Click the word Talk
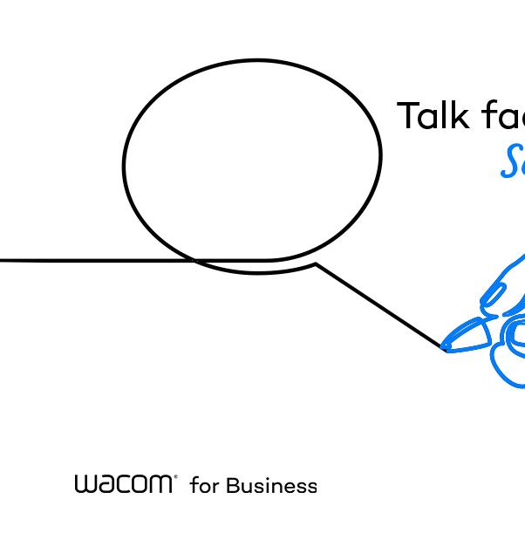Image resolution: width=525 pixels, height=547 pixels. (434, 116)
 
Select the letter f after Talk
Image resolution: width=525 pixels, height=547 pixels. (487, 115)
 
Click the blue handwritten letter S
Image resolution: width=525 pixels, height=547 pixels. (513, 162)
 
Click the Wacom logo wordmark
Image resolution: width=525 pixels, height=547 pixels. (125, 484)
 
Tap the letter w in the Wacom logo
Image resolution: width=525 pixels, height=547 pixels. (85, 484)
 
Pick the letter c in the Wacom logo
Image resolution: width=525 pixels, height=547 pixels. (124, 484)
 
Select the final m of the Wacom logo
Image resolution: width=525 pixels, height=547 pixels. (162, 484)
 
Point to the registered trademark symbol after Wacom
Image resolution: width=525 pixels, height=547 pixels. (175, 477)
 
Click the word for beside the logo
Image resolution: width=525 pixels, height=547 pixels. (204, 485)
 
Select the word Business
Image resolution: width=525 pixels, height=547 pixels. (271, 485)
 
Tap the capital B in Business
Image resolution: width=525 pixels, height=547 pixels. (232, 485)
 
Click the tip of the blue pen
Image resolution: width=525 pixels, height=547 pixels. (445, 347)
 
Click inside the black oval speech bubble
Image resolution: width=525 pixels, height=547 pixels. (253, 161)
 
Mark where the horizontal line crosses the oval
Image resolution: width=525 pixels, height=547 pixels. (193, 260)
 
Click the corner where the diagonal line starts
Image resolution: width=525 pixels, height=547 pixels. (316, 264)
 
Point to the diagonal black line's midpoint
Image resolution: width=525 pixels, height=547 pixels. (380, 305)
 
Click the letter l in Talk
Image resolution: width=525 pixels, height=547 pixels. (449, 115)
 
